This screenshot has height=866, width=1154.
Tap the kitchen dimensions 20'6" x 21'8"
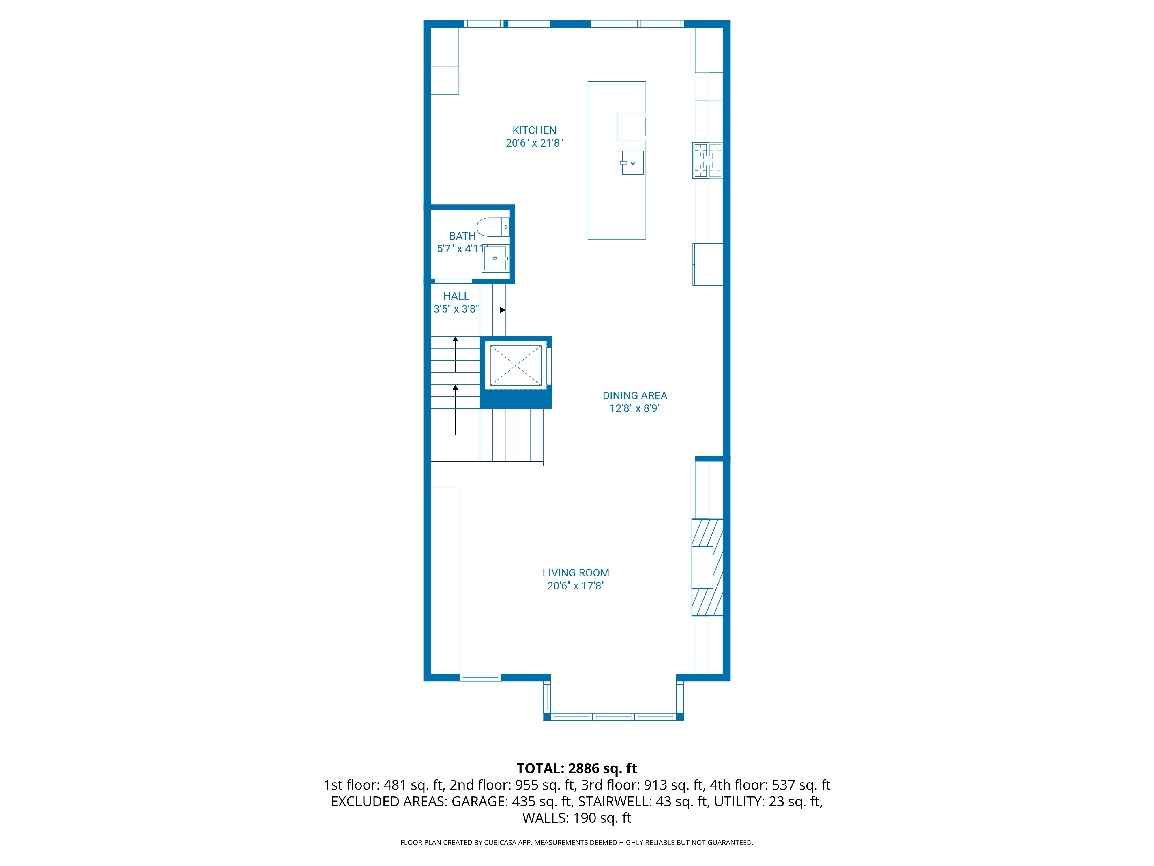(534, 143)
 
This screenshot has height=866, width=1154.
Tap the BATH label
(462, 236)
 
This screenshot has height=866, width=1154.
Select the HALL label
(456, 296)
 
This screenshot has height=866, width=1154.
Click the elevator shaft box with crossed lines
(516, 365)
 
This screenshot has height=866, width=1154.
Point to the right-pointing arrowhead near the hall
(503, 310)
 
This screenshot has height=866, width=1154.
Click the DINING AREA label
(634, 396)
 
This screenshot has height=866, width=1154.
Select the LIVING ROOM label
(576, 573)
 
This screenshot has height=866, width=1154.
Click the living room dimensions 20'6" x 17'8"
(576, 586)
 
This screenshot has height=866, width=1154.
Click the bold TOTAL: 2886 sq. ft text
(576, 768)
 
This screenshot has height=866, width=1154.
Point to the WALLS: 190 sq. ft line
(576, 818)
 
